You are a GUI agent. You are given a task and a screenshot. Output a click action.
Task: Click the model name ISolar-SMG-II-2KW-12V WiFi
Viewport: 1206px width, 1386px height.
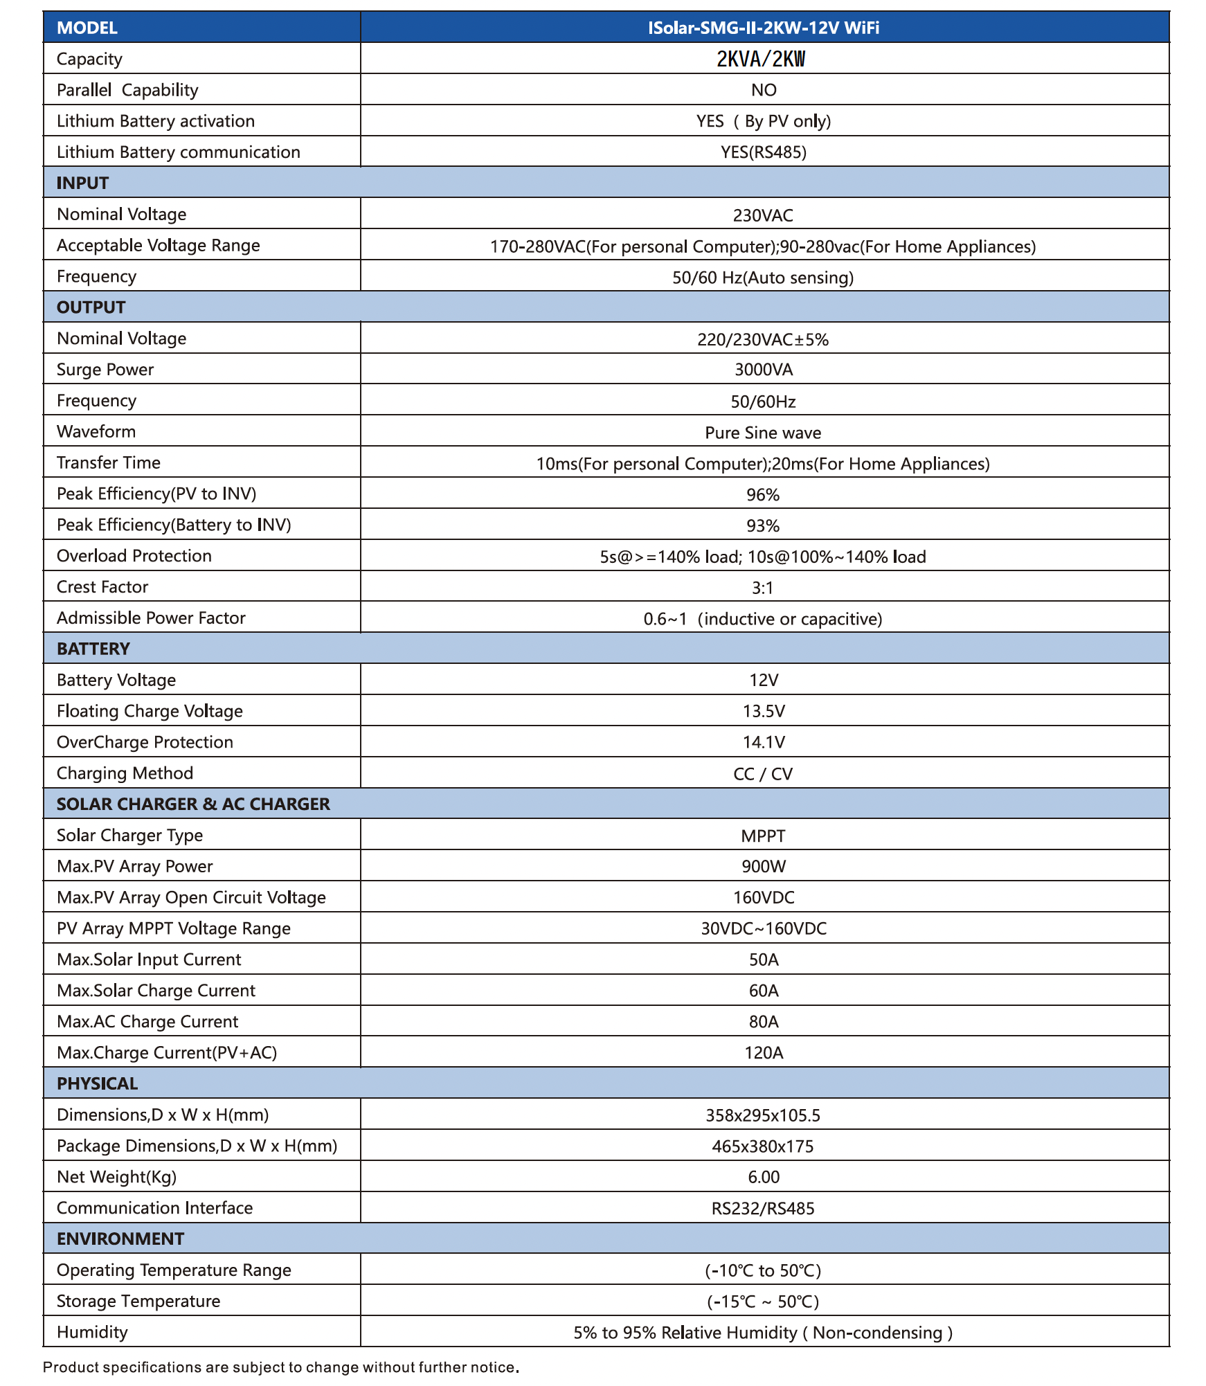tap(763, 28)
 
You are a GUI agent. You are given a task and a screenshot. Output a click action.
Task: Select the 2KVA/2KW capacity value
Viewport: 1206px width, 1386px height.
tap(761, 59)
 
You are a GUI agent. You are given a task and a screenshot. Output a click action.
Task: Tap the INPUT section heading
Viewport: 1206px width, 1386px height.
tap(83, 183)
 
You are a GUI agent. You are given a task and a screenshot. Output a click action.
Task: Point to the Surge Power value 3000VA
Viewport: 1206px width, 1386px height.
tap(763, 370)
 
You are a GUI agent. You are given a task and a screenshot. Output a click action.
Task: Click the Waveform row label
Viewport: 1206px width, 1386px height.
tap(96, 431)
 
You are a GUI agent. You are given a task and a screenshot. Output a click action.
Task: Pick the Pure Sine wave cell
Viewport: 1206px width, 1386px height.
tap(763, 433)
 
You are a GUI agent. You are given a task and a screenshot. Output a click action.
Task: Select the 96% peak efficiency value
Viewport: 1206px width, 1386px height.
tap(763, 494)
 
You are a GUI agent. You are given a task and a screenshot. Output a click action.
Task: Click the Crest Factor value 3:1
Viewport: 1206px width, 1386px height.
tap(762, 588)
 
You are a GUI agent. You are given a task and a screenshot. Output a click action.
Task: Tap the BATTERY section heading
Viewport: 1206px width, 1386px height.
tap(93, 649)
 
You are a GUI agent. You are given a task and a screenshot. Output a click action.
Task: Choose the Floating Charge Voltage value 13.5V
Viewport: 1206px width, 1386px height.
tap(763, 711)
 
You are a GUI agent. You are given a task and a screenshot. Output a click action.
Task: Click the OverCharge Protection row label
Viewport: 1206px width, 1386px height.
tap(145, 742)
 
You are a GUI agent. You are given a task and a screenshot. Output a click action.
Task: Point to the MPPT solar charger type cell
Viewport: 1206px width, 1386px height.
tap(763, 836)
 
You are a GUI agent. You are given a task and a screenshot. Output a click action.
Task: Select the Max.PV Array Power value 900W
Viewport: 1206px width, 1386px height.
tap(763, 866)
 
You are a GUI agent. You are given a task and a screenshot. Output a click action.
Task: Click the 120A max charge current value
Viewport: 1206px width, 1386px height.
tap(763, 1053)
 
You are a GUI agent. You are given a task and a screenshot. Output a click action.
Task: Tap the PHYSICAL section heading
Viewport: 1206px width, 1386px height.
tap(98, 1083)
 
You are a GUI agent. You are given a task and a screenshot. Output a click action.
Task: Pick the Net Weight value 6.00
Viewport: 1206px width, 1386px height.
tap(763, 1177)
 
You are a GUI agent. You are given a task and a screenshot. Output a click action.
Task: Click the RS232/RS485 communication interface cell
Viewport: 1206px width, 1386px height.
tap(763, 1208)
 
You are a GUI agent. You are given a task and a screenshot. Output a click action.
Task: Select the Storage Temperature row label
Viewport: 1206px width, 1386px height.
tap(138, 1301)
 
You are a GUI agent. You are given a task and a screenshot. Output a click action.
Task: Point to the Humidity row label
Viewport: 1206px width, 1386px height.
tap(92, 1332)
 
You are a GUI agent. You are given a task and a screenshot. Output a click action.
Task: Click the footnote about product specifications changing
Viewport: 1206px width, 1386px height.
tap(281, 1367)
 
